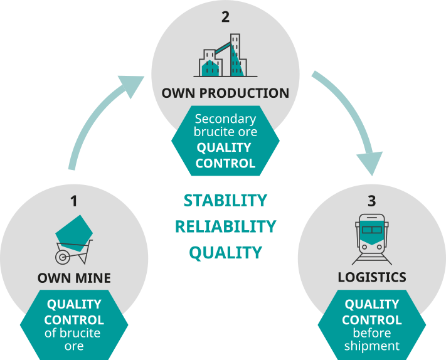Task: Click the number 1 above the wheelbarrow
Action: point(73,201)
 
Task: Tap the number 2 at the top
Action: point(225,17)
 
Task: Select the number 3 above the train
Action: point(372,201)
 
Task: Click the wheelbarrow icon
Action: point(74,241)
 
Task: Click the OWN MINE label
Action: point(74,277)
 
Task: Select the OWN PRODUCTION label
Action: point(225,93)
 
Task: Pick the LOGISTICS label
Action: point(373,277)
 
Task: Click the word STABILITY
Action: point(225,201)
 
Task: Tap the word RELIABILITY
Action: point(225,226)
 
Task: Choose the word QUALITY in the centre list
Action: point(225,253)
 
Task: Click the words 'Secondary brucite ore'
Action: point(225,125)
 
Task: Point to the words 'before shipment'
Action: point(372,340)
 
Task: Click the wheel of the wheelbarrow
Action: point(63,257)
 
